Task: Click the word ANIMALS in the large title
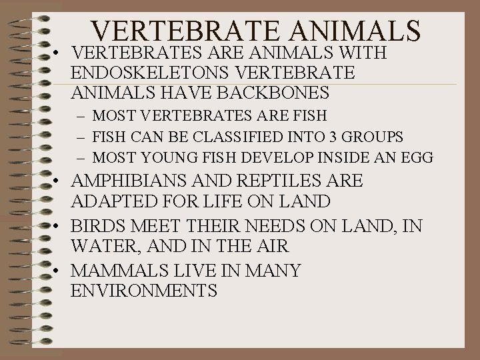point(347,30)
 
